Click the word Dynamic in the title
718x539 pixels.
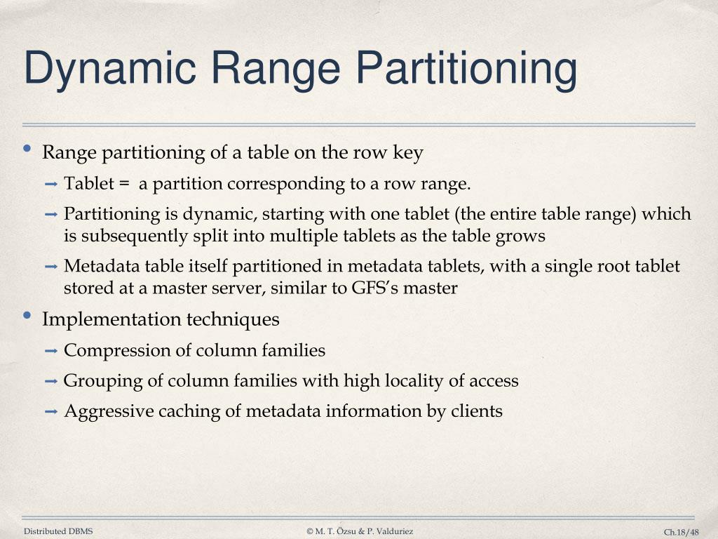point(109,69)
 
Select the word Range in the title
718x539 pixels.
point(275,69)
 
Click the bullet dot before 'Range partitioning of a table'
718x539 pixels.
point(27,149)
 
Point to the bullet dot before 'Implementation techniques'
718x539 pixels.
point(27,316)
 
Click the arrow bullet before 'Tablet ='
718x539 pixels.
point(51,185)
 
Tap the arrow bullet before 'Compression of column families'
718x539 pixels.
point(51,350)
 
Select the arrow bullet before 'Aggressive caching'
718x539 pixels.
point(51,412)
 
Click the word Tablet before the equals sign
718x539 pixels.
point(88,184)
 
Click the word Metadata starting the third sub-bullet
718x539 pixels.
point(98,267)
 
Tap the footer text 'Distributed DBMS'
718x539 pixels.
point(58,531)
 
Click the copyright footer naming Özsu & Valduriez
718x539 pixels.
point(360,531)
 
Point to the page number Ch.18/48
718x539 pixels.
point(682,532)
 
